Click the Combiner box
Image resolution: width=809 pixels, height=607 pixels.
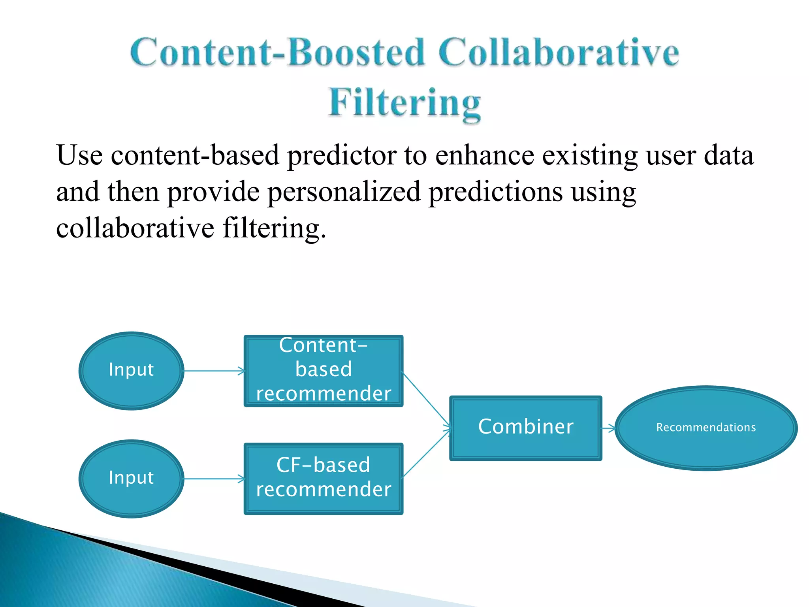tap(525, 428)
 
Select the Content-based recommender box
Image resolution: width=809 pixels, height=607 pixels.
tap(324, 370)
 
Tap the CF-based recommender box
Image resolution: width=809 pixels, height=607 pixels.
tap(324, 478)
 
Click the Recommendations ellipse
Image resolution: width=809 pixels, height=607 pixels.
tap(706, 428)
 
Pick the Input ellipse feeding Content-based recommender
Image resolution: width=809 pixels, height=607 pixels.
tap(131, 370)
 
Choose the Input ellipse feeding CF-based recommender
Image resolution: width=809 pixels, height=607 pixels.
tap(131, 478)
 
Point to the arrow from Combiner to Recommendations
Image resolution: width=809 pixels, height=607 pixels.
tap(608, 428)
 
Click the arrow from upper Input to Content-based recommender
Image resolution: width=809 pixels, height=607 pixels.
tap(214, 371)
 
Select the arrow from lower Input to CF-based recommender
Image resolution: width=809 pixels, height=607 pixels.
tap(214, 479)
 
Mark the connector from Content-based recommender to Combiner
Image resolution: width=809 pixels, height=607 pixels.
tap(426, 399)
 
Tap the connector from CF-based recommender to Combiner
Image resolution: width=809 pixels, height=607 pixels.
tap(426, 454)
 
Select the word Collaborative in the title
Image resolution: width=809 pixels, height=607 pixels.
tap(559, 53)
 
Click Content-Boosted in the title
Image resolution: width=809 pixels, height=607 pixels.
tap(278, 53)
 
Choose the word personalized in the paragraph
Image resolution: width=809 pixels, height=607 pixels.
tap(344, 192)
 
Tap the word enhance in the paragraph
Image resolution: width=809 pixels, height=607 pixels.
tap(485, 156)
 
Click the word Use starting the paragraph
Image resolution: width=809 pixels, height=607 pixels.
tap(79, 156)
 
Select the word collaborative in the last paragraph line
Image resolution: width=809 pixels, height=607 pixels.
tap(135, 228)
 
